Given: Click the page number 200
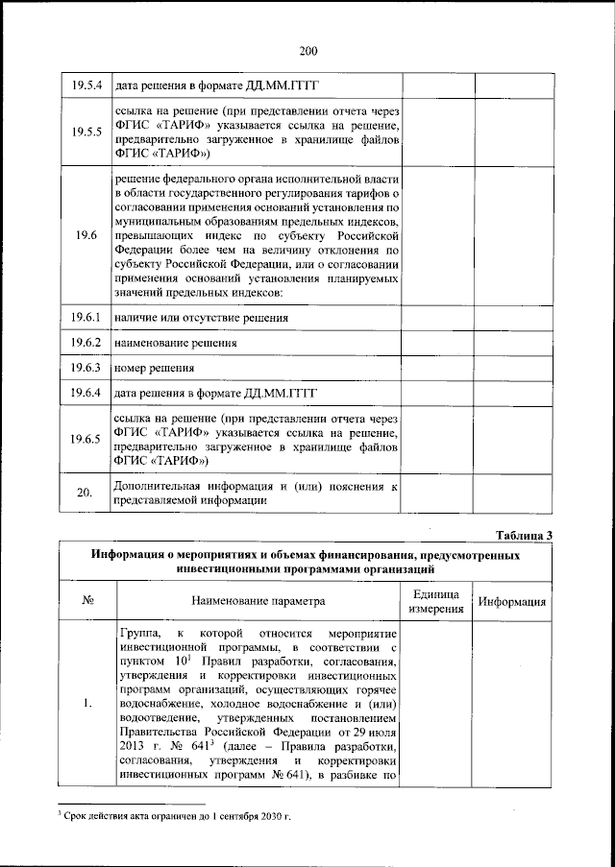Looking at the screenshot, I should [x=307, y=51].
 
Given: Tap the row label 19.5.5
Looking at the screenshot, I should [x=86, y=132].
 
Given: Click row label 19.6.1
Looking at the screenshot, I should [x=86, y=316].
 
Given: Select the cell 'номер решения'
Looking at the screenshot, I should [x=155, y=368].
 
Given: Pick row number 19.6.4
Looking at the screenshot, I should [x=86, y=393].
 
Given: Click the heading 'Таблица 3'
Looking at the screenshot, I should [x=524, y=534].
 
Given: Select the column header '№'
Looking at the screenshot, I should [x=86, y=601].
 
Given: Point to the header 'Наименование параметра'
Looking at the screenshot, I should [x=257, y=601].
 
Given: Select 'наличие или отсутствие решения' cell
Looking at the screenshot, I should [x=202, y=316].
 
